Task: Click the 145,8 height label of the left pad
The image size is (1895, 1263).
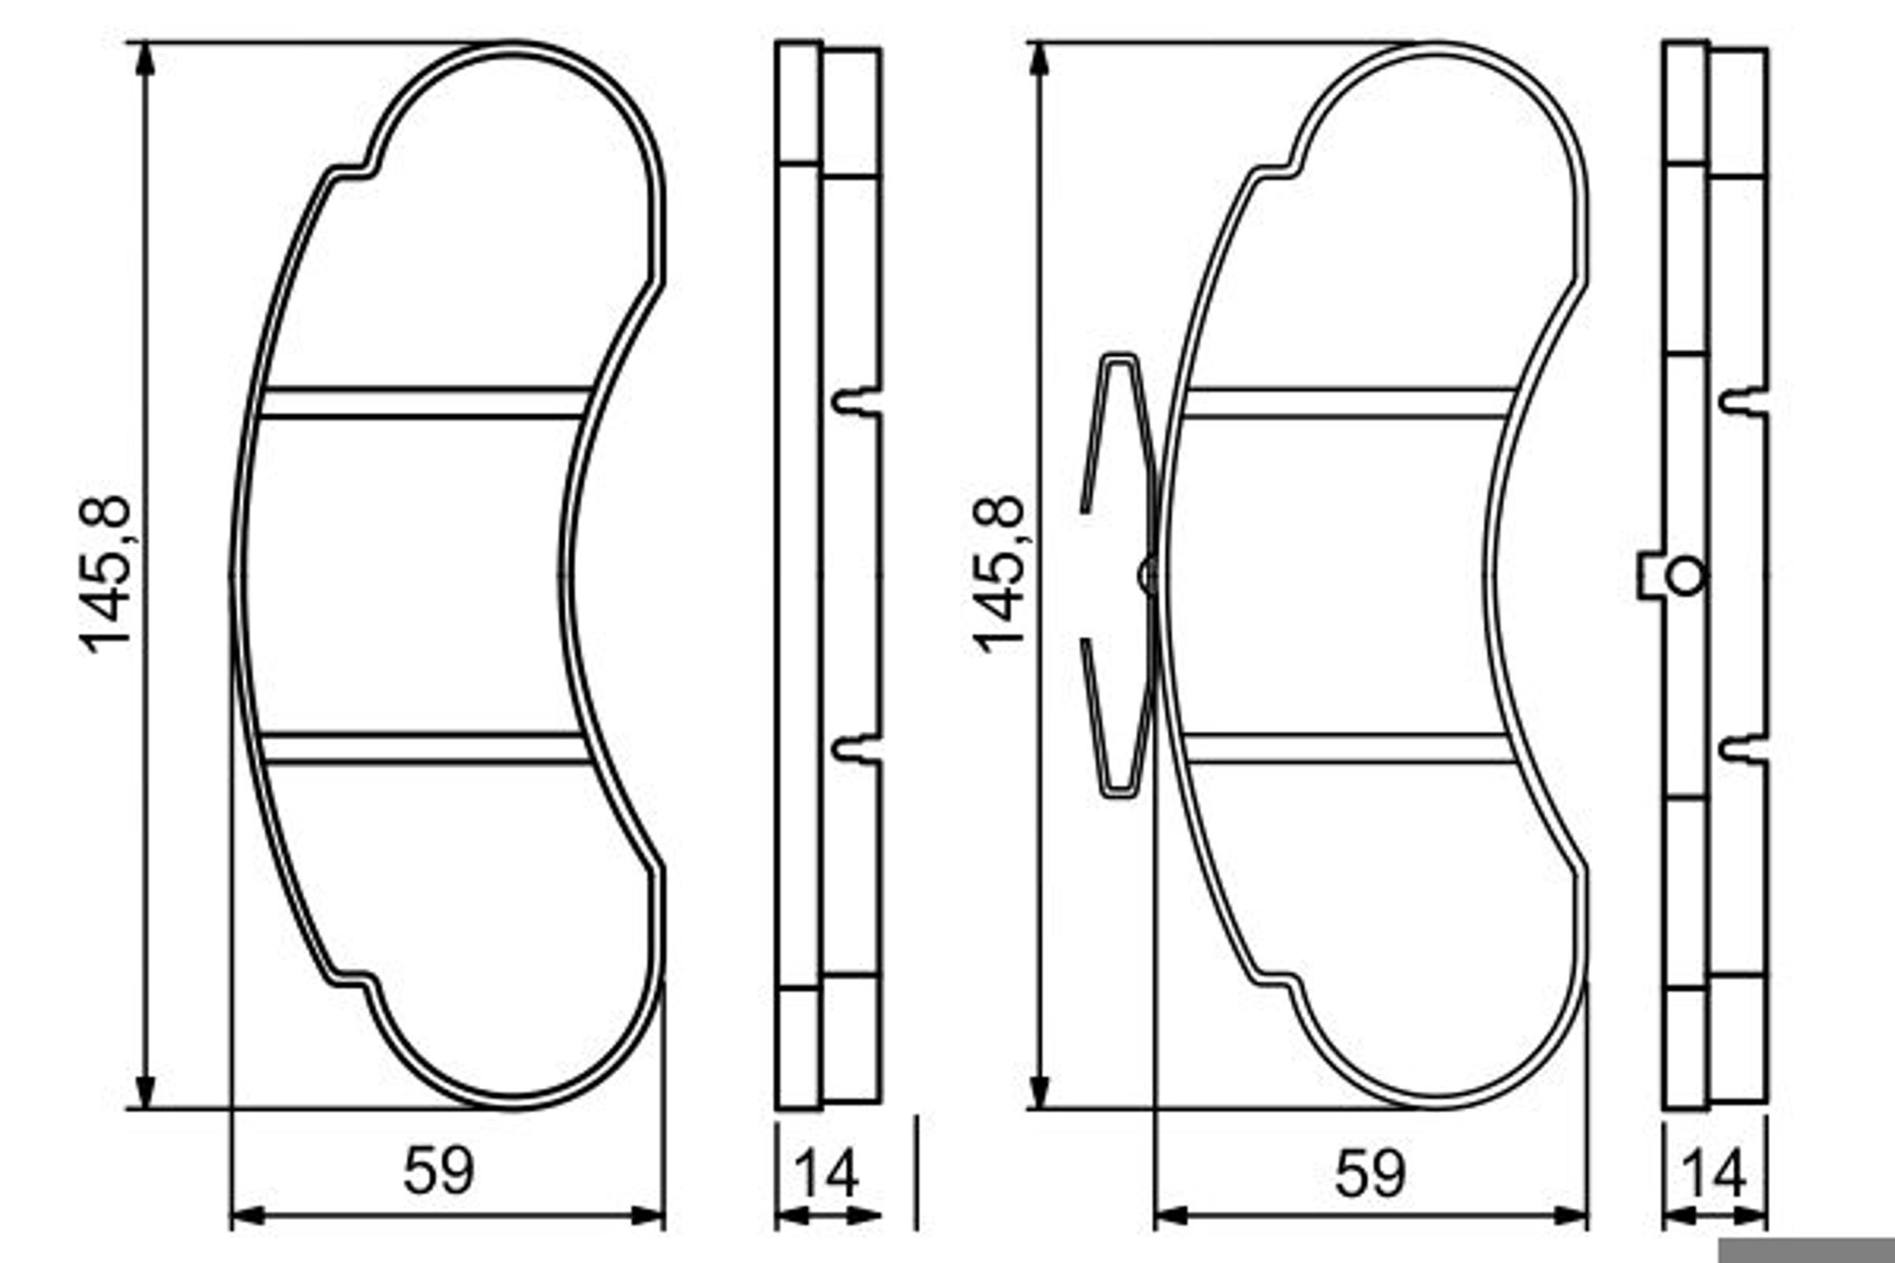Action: point(106,575)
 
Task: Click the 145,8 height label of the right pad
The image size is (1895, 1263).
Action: point(1000,575)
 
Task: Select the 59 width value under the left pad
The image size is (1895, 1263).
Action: point(439,1172)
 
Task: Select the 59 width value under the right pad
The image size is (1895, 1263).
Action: point(1371,1172)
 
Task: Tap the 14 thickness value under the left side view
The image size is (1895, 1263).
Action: point(827,1174)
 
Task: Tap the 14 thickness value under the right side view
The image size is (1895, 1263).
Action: point(1714,1174)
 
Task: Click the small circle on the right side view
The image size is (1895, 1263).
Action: point(1686,577)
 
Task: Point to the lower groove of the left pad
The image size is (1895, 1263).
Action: point(425,749)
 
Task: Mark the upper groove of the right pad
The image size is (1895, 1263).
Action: point(1349,403)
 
